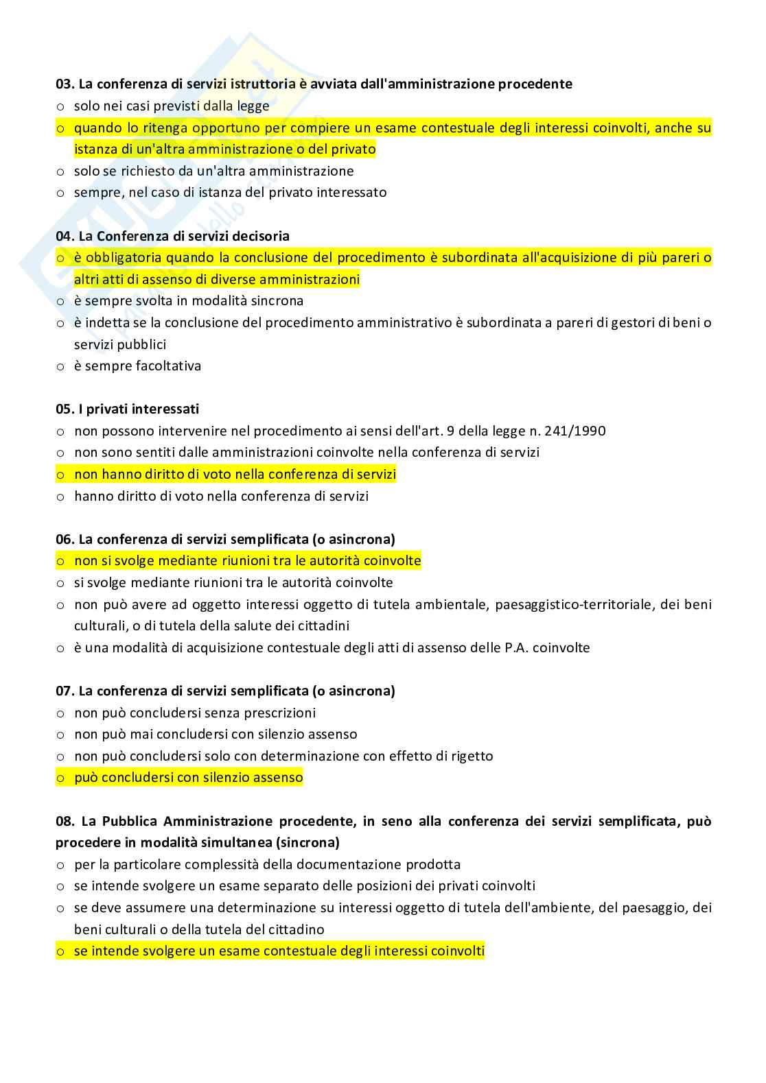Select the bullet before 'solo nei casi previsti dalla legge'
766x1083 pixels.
[x=60, y=106]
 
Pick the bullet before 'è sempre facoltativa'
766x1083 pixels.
[x=60, y=366]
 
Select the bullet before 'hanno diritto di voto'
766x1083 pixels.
[x=60, y=496]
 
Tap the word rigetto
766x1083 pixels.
[x=472, y=756]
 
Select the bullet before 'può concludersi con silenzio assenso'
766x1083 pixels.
[x=60, y=778]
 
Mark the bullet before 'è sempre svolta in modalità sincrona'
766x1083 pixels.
[x=60, y=301]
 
